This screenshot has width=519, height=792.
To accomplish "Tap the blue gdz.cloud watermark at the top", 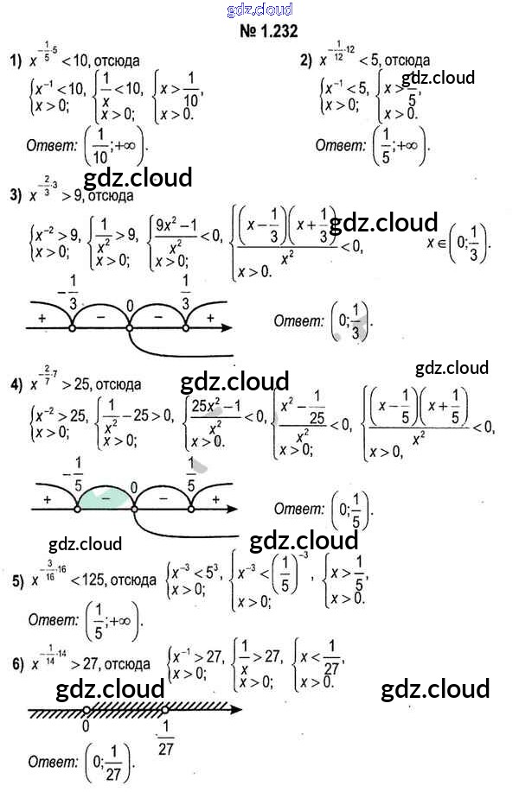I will (259, 10).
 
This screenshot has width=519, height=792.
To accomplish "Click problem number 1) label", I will (15, 60).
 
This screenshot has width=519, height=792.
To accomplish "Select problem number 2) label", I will (305, 60).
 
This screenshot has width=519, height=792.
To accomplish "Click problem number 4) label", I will (15, 384).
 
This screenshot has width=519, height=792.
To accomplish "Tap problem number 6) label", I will (16, 665).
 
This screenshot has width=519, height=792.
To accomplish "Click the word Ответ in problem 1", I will (51, 145).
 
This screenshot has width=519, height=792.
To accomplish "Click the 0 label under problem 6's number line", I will (86, 727).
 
